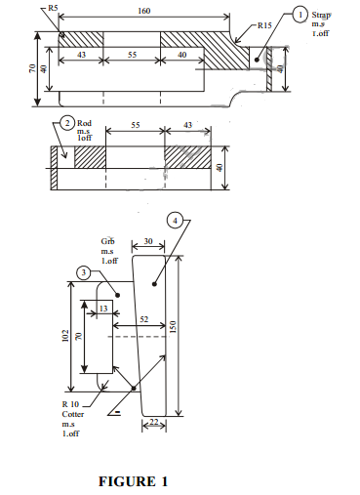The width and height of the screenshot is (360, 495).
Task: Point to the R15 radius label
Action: pos(266,25)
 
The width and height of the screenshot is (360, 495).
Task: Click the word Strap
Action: pos(323,17)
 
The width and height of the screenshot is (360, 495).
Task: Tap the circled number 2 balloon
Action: pos(66,123)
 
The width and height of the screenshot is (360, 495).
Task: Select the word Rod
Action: pos(84,123)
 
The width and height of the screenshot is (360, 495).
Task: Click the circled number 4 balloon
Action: pos(175,221)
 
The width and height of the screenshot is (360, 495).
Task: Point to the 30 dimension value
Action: pos(146,240)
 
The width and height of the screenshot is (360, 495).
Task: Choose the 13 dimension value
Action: pos(104,308)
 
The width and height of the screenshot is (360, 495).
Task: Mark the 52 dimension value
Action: pos(143,319)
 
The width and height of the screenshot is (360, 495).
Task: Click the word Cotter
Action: pos(73,414)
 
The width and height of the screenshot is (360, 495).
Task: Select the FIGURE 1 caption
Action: pos(133,481)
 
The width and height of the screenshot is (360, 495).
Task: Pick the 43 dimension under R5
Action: pos(81,56)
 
